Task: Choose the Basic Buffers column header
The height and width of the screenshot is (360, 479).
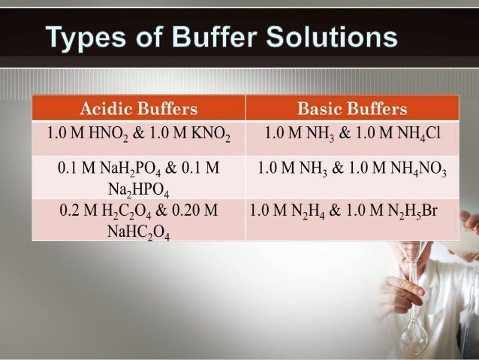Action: (352, 110)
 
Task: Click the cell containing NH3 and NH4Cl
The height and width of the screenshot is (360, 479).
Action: (352, 136)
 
